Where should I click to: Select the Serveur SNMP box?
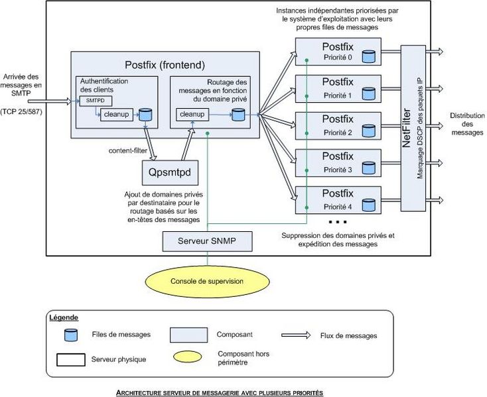pyautogui.click(x=208, y=241)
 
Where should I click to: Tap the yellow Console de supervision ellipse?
pyautogui.click(x=207, y=281)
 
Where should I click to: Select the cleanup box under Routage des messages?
pyautogui.click(x=192, y=115)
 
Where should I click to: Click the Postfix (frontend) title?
pyautogui.click(x=165, y=64)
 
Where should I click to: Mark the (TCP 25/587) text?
pyautogui.click(x=23, y=109)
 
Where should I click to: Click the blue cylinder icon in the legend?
pyautogui.click(x=68, y=335)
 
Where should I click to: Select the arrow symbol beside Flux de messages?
pyautogui.click(x=296, y=335)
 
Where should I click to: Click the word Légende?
pyautogui.click(x=64, y=317)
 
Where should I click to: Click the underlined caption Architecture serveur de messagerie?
pyautogui.click(x=219, y=392)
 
